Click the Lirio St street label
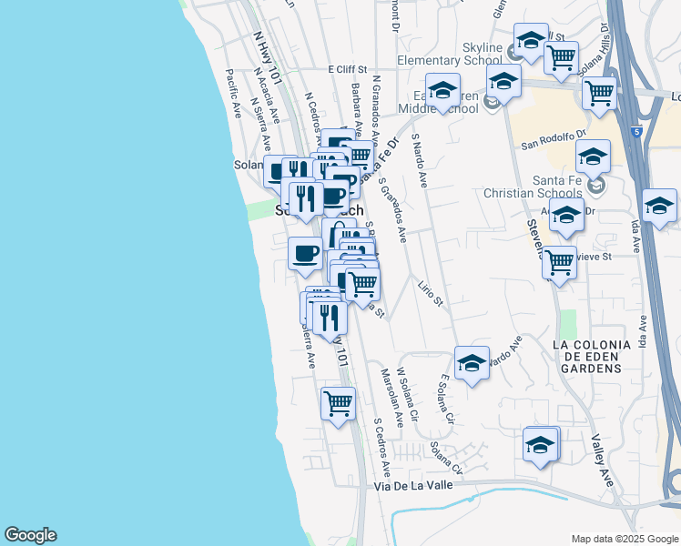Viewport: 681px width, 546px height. (x=430, y=296)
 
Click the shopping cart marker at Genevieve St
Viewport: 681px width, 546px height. (x=559, y=262)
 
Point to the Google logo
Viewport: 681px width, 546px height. (x=30, y=535)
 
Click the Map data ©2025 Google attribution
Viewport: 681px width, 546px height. (x=624, y=539)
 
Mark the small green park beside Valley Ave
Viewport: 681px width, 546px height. (x=568, y=322)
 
